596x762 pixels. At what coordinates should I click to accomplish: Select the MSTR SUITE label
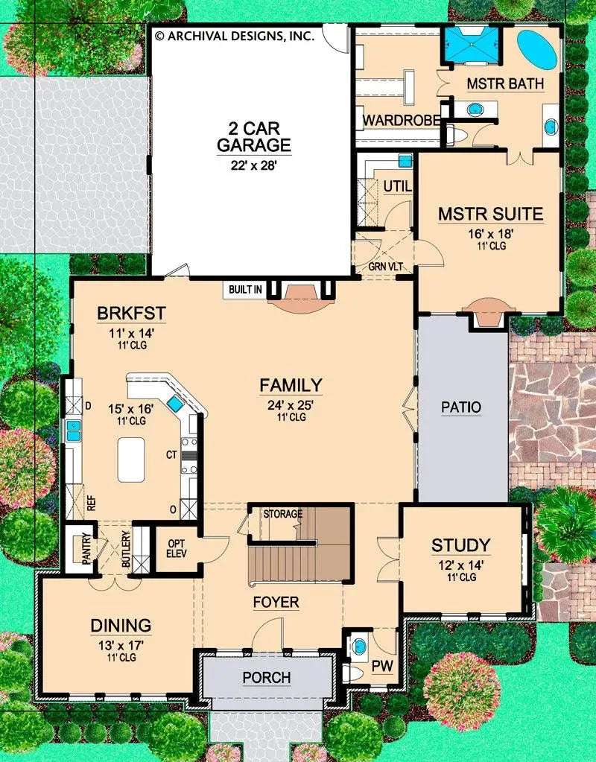490,215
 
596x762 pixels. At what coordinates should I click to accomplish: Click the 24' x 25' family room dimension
291,406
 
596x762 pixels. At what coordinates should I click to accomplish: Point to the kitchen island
131,460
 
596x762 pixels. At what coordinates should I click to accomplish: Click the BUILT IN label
246,290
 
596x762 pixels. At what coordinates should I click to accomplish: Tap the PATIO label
460,407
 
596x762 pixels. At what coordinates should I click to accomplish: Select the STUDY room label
460,545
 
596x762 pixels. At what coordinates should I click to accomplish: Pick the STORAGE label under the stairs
282,514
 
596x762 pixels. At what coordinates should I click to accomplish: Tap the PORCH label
266,678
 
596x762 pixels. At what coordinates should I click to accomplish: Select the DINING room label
121,626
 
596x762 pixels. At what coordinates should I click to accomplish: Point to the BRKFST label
130,313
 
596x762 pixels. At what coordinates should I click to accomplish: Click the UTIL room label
397,185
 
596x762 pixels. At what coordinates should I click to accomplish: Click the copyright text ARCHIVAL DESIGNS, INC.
234,35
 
